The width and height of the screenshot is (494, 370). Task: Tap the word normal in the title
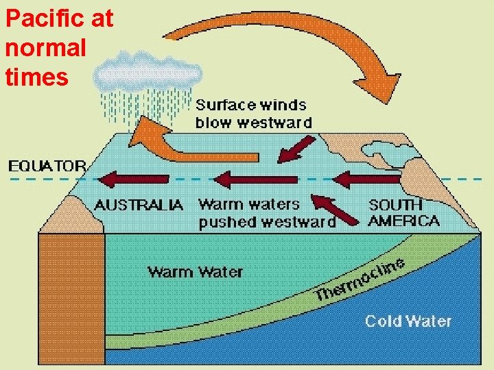pos(45,48)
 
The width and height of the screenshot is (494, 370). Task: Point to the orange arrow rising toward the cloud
pos(178,140)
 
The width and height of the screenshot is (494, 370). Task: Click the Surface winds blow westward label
pos(253,114)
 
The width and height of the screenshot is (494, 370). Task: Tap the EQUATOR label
pos(47,166)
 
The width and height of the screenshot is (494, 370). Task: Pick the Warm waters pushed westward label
pos(267,213)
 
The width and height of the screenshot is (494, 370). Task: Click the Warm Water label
pos(196,272)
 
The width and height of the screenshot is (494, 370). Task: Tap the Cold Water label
pos(408,321)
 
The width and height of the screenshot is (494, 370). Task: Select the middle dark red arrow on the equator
pos(254,180)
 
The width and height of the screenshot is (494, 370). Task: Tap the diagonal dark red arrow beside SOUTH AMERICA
pos(336,209)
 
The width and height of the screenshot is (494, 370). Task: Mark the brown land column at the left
pos(71,295)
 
